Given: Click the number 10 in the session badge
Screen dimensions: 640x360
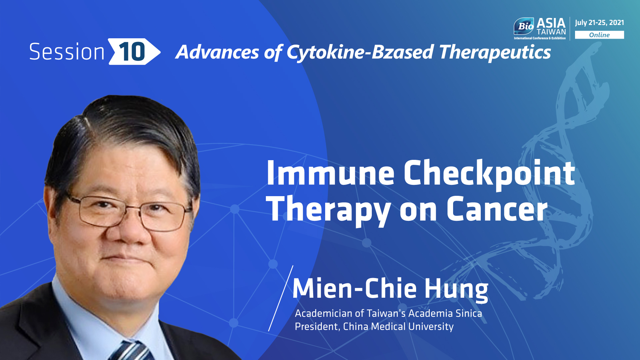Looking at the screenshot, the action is point(132,52).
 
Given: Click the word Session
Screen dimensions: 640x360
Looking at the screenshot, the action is point(67,52).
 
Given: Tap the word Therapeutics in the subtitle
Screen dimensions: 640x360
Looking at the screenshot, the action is point(495,53).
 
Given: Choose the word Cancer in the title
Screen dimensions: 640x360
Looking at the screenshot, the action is point(497,209).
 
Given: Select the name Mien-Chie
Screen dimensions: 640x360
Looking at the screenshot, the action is point(355,288).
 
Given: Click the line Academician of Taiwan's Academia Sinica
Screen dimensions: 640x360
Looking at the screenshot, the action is point(388,313).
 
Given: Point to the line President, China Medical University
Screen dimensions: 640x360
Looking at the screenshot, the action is point(374,326).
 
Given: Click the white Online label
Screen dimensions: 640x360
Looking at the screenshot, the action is point(599,35).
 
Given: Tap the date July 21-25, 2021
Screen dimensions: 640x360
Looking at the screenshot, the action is point(599,23).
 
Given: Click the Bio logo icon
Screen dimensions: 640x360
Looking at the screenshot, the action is point(524,26).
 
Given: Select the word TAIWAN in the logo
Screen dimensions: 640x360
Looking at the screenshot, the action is point(551,32).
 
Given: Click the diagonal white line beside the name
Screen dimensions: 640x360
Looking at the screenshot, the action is point(281,298).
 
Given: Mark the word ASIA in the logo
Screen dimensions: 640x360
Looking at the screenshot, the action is point(551,23).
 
